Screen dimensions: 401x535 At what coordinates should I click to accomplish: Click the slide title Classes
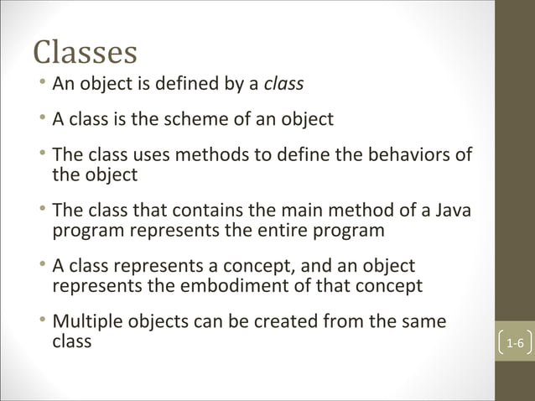click(x=85, y=52)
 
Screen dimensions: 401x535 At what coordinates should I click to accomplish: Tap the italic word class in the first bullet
click(x=283, y=84)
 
